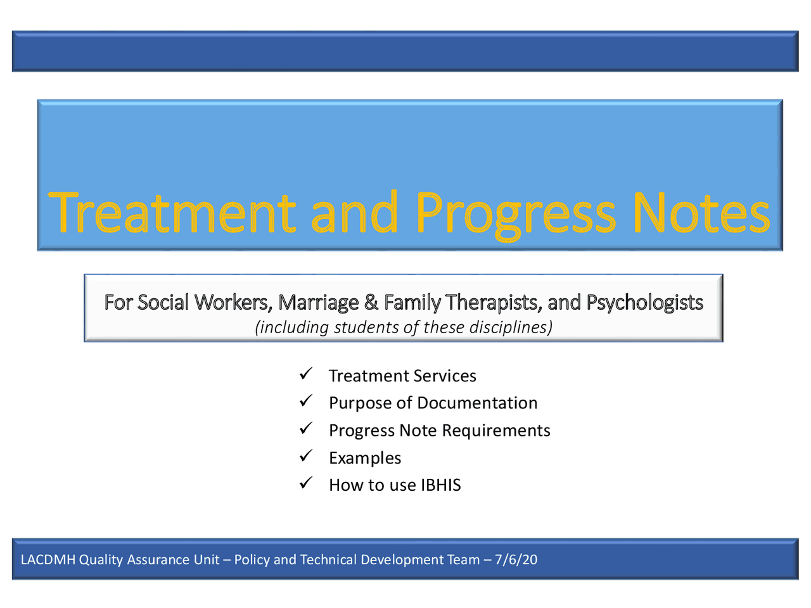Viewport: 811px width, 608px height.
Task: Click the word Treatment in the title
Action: (172, 213)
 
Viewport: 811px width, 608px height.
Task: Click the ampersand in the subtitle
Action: (371, 303)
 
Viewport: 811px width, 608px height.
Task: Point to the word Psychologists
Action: (644, 303)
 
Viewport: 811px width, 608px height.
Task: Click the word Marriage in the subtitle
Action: (318, 303)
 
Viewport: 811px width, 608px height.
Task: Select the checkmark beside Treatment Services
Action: (306, 374)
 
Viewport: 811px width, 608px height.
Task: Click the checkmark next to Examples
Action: (306, 456)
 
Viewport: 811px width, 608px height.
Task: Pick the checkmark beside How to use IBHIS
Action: (306, 483)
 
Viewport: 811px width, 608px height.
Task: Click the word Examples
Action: (365, 458)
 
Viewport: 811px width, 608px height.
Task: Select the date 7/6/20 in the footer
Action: (516, 560)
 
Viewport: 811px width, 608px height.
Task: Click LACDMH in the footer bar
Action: (48, 560)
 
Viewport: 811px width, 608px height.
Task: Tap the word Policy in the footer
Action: (252, 560)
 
